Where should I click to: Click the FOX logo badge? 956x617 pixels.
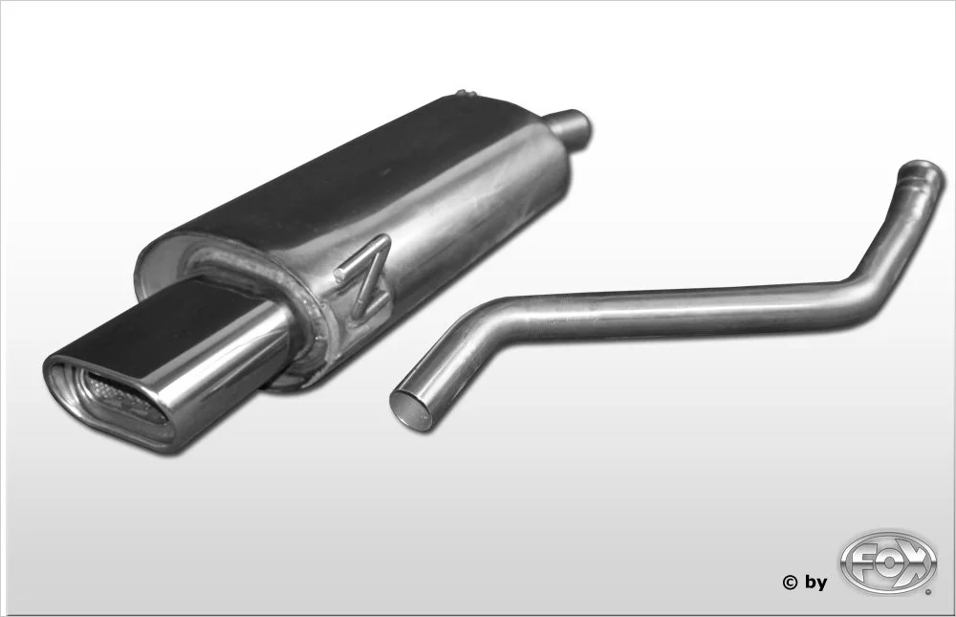pos(887,562)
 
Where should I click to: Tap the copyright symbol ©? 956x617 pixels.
pos(790,583)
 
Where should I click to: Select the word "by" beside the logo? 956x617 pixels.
pos(815,584)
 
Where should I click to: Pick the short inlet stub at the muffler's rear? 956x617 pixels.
pos(570,124)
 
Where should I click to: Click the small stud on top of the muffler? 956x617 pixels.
pos(465,94)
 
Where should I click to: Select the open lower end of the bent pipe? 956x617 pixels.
pos(412,409)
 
